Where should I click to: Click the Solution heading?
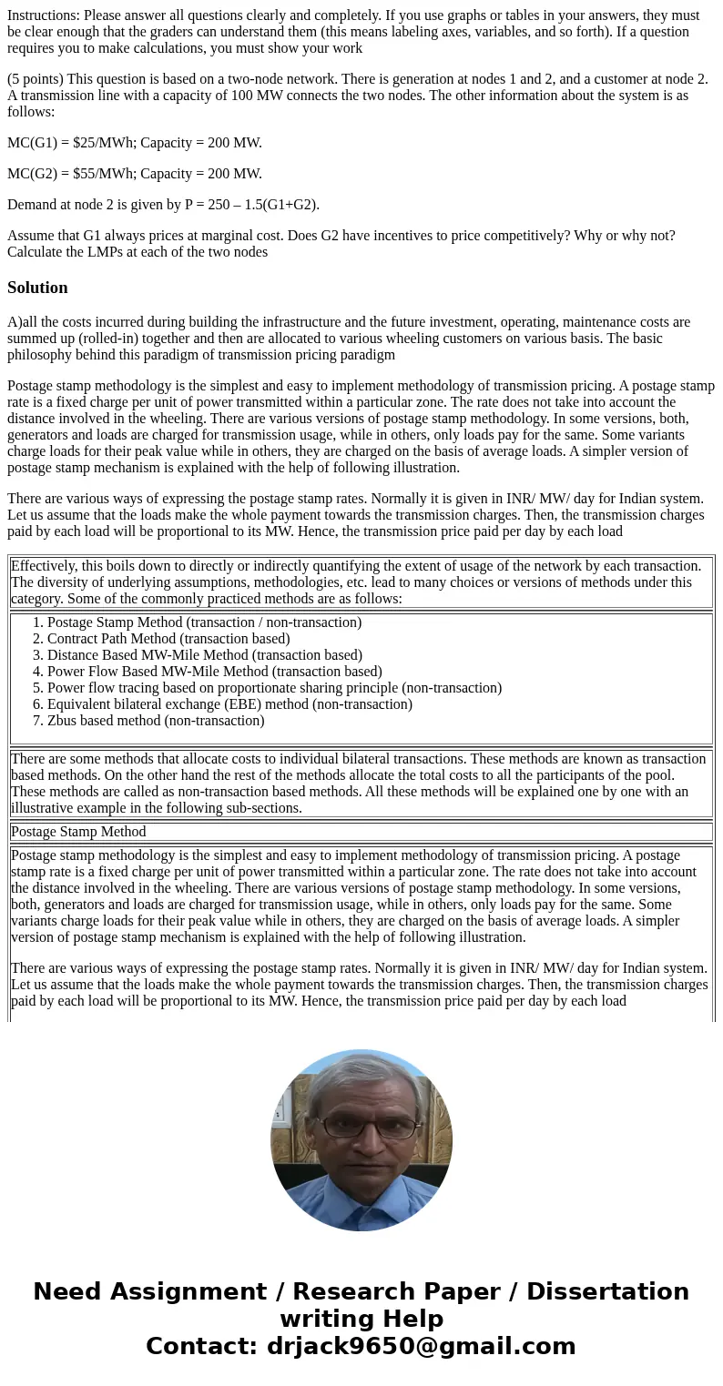point(37,288)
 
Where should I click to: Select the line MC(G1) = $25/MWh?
point(134,142)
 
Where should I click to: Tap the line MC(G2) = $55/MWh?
point(134,173)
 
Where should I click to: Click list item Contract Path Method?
point(168,639)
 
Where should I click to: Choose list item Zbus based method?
point(156,721)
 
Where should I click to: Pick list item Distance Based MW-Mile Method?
point(204,655)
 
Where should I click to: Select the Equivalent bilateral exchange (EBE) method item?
point(229,704)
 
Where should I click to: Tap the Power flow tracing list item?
point(274,688)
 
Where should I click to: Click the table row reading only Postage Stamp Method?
point(78,832)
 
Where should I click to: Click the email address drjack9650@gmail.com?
point(421,1346)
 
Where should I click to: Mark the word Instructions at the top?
point(43,15)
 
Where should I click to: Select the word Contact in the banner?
point(200,1346)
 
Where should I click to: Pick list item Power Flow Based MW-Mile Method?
point(214,672)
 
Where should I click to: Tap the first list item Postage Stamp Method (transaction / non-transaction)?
point(204,622)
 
